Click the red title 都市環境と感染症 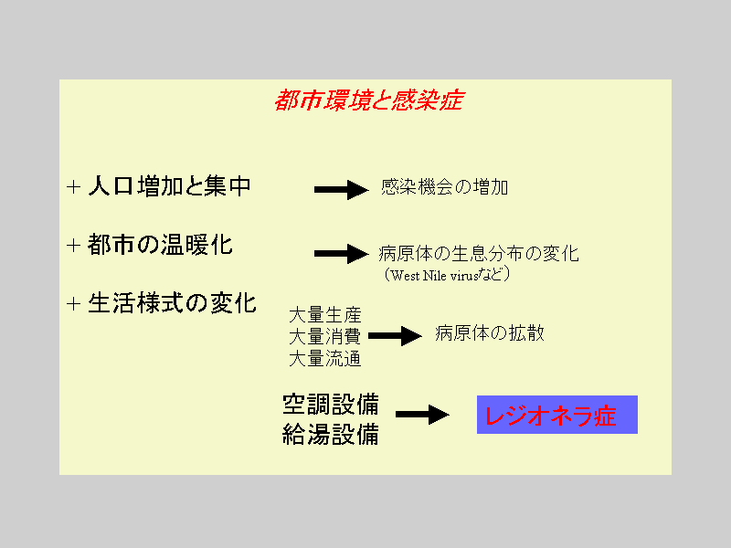click(x=369, y=100)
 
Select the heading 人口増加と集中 click(x=170, y=186)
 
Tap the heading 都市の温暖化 click(x=160, y=245)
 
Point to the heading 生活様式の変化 click(x=172, y=303)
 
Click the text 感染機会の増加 click(x=444, y=187)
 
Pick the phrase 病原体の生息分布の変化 click(x=479, y=254)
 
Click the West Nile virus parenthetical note click(x=447, y=275)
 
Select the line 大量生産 click(x=325, y=315)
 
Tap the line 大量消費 click(x=325, y=336)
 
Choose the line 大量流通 click(x=325, y=359)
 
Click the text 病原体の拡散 click(x=490, y=333)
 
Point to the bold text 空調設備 click(x=331, y=404)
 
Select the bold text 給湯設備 click(x=331, y=435)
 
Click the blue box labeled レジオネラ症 click(x=557, y=415)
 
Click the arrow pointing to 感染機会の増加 click(x=342, y=190)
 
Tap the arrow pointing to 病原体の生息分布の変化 click(x=342, y=254)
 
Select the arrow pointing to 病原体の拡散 click(x=396, y=335)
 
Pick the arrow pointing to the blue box click(x=422, y=415)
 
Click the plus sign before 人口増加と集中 click(x=74, y=187)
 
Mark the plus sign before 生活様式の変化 click(x=74, y=304)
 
